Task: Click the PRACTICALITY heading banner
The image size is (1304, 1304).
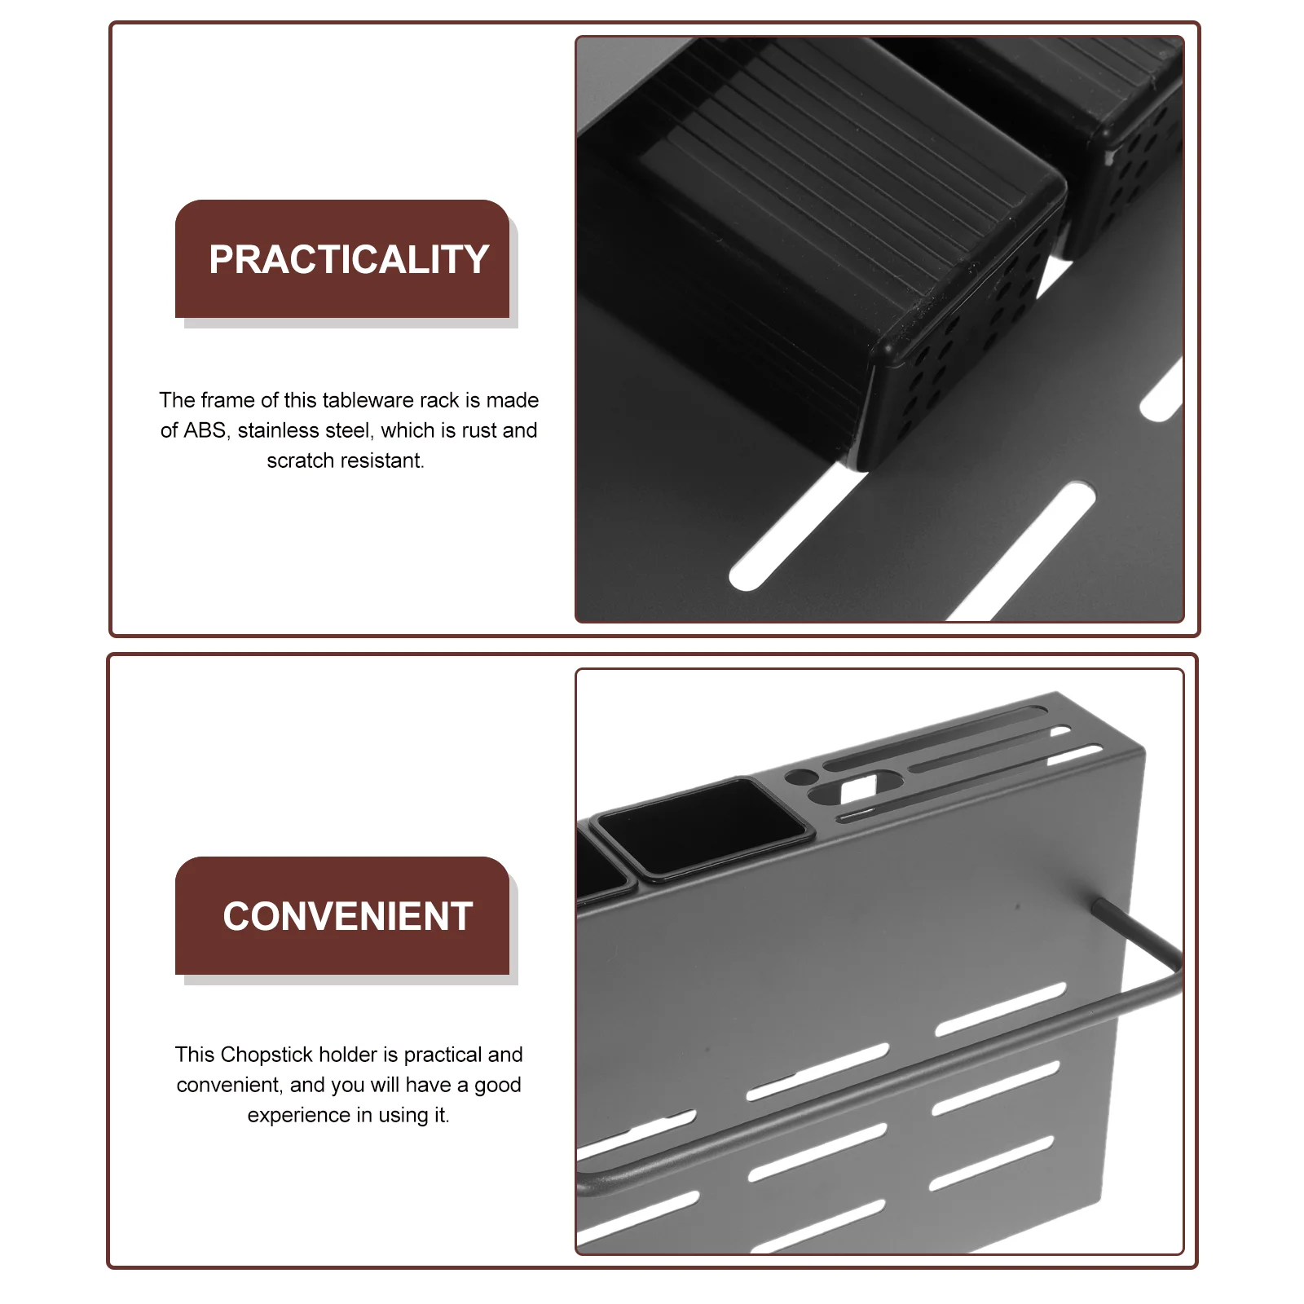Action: pos(342,258)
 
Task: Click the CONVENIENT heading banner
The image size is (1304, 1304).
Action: pos(342,915)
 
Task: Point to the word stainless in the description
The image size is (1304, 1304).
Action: pos(275,430)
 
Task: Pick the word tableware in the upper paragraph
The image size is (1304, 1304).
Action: pos(368,400)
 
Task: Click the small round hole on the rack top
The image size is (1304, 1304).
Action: pos(800,777)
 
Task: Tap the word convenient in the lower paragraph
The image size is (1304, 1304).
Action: pos(229,1086)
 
